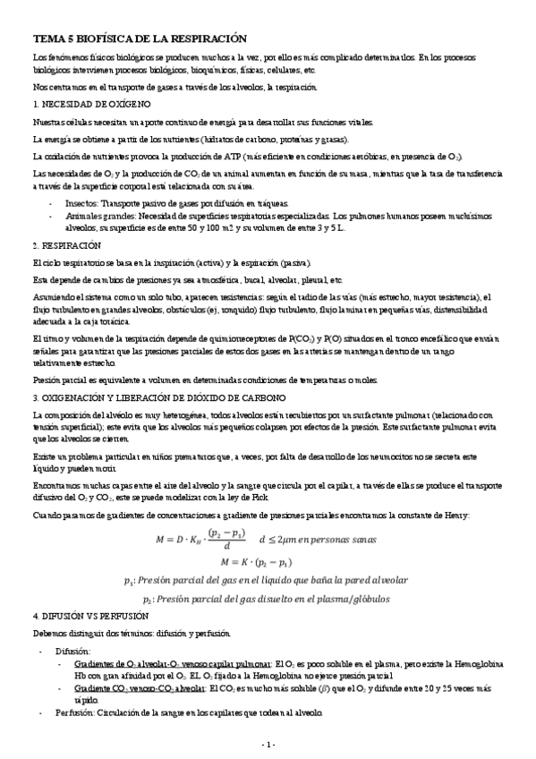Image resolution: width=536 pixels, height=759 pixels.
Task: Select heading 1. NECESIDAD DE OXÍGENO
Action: coord(86,105)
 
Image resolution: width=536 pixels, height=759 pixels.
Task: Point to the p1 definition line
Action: coord(268,582)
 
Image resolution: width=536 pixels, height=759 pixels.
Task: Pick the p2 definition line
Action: coord(268,599)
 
